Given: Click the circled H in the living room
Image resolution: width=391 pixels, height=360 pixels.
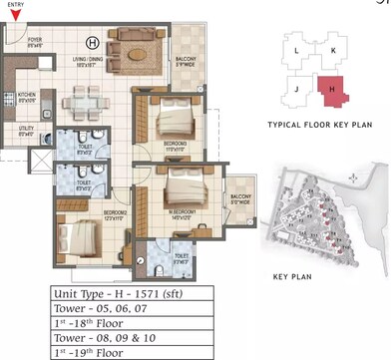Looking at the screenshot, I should (x=92, y=43).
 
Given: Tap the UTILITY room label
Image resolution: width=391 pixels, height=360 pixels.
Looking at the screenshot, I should (x=26, y=129).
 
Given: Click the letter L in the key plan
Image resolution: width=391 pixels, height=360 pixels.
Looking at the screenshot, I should (x=297, y=48).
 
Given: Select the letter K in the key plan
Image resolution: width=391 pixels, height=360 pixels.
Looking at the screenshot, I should (x=334, y=48).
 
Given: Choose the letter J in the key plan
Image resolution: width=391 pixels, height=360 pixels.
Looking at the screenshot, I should (x=297, y=88).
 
